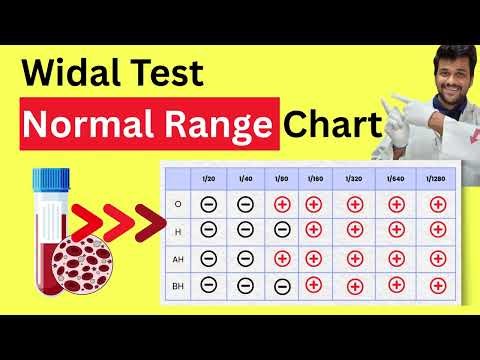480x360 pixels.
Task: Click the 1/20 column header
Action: (x=209, y=178)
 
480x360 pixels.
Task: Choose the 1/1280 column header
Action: (x=435, y=178)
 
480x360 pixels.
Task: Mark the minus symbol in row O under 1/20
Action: (x=209, y=205)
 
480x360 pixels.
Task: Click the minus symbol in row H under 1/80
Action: (x=283, y=231)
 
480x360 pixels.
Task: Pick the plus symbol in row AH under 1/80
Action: (x=283, y=258)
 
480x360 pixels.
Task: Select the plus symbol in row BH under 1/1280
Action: (x=435, y=284)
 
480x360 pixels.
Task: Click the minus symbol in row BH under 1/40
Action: (x=246, y=284)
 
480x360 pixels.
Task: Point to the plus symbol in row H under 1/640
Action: (x=396, y=231)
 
